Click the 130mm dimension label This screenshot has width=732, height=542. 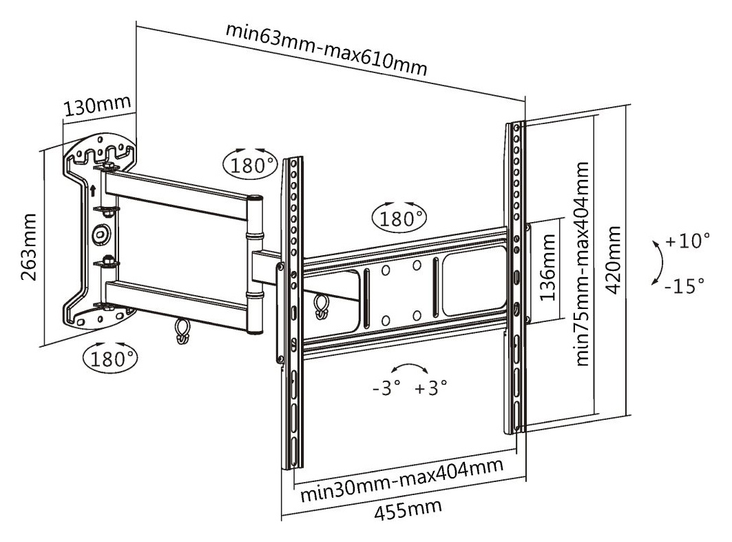(96, 107)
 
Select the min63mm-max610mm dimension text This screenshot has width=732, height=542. (326, 50)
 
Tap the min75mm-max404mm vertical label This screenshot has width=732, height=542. (583, 264)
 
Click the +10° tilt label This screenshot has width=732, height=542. (687, 241)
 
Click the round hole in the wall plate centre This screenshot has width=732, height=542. (101, 234)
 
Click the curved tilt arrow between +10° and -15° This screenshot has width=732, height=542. (656, 263)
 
